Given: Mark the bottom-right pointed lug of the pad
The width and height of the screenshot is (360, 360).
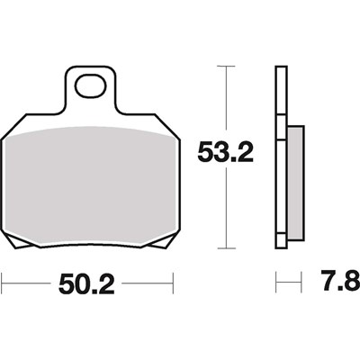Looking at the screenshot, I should click(165, 241).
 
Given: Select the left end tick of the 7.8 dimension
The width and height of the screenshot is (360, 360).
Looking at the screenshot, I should click(275, 285).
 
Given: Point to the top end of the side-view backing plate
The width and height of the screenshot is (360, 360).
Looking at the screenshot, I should click(279, 68).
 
